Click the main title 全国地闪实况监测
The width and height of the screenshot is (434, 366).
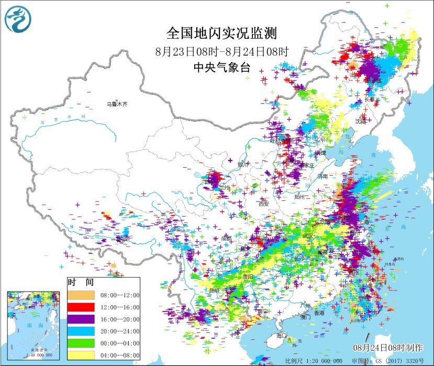pos(221,34)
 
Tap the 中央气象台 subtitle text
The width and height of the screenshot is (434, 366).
pos(221,67)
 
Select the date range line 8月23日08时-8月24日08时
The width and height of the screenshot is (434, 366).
pos(222,51)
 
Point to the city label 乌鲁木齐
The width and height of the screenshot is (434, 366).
pos(117,104)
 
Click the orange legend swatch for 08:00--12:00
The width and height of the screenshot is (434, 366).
pos(81,295)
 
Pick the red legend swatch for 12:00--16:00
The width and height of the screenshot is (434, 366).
pos(81,307)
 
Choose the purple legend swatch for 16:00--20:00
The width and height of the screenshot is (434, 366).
pos(81,319)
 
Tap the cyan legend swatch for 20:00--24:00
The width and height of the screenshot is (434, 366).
pos(81,331)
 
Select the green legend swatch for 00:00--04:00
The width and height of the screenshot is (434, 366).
pos(81,343)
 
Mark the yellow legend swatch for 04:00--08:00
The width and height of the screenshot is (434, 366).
pos(81,355)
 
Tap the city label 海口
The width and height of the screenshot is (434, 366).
pos(282,335)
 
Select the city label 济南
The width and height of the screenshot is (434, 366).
pos(321,177)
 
